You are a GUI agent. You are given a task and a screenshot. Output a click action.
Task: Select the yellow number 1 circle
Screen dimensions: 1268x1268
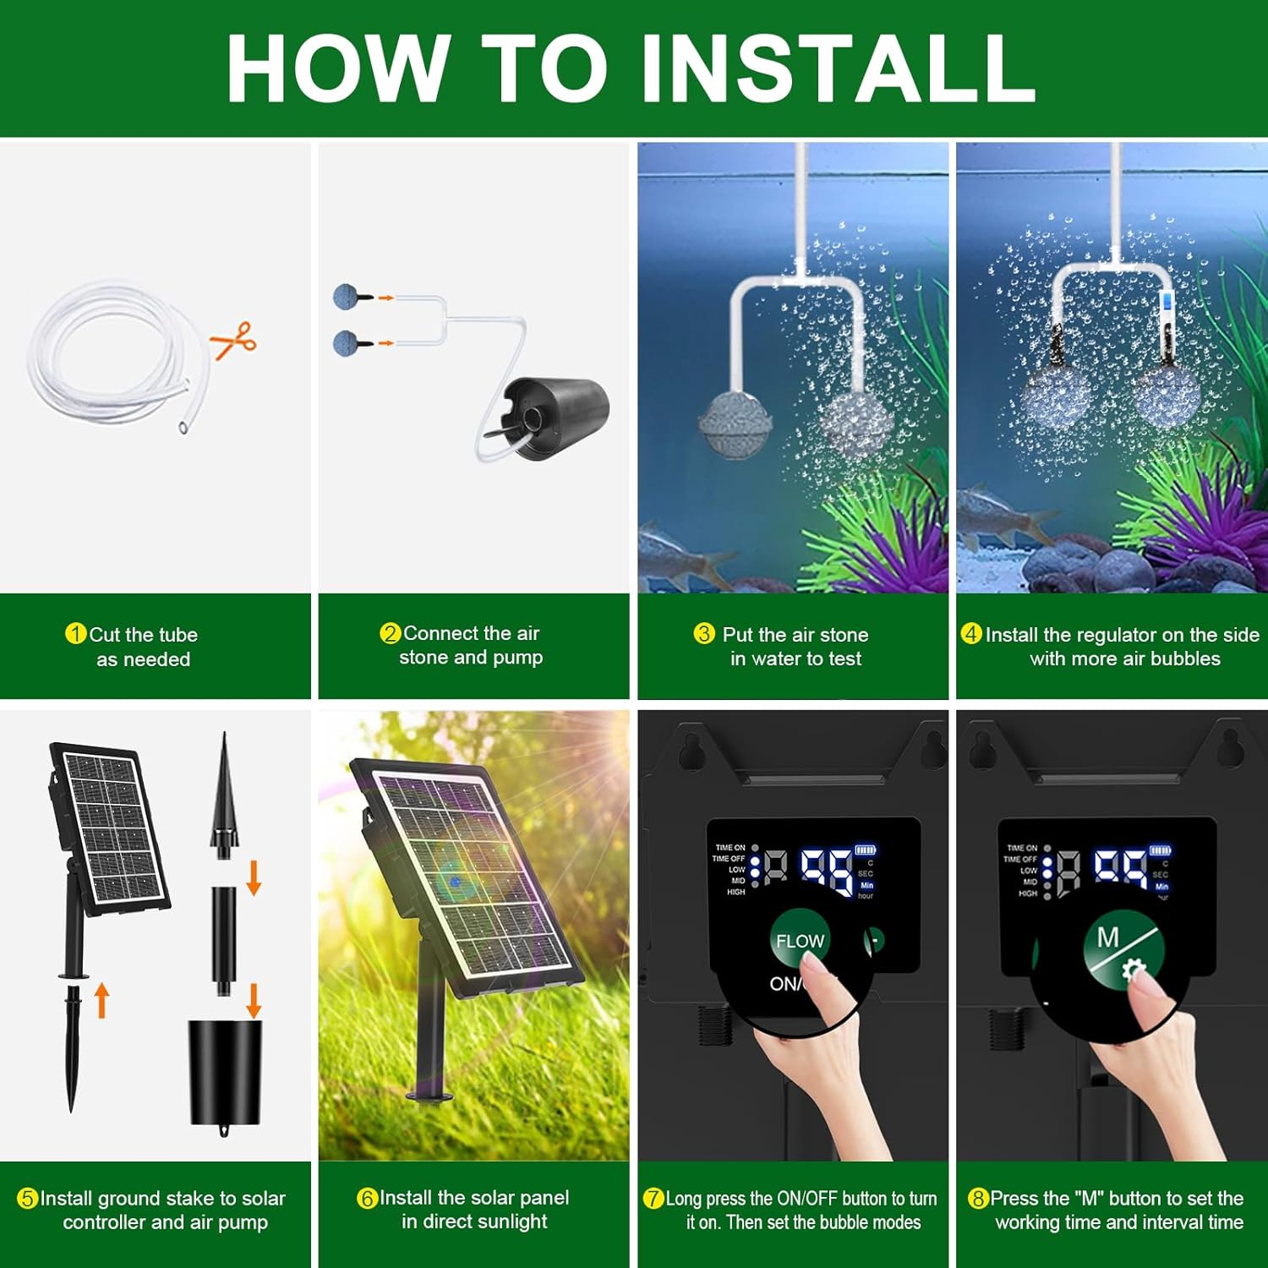pos(75,633)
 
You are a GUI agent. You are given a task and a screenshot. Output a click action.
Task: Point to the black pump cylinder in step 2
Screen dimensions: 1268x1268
pos(556,418)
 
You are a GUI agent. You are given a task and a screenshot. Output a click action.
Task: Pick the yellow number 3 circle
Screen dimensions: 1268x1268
pos(704,633)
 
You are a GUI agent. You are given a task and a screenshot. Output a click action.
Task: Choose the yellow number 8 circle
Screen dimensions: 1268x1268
pos(978,1198)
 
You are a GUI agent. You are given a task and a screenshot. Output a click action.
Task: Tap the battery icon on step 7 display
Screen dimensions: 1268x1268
pos(866,850)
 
